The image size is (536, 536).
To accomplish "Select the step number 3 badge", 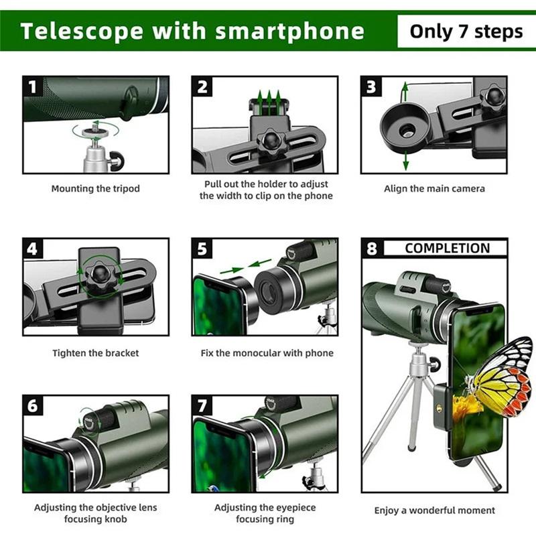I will point(371,86).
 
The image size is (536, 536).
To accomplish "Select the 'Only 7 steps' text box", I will point(466,31).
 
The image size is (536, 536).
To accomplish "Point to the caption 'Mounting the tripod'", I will point(96,189).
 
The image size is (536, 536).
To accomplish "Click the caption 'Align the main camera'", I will point(434,189).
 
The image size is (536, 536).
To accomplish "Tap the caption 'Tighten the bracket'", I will point(96,352).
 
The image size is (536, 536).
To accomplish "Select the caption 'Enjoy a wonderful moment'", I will point(434,511).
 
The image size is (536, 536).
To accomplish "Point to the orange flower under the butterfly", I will point(466,407).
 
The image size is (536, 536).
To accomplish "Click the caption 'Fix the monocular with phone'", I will point(267,352).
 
